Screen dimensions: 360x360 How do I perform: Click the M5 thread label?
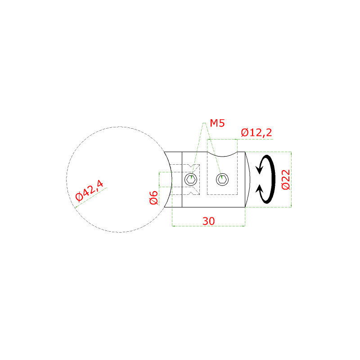[x=217, y=123]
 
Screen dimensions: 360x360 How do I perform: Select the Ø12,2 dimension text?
[x=256, y=132]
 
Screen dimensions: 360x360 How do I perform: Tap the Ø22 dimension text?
[x=286, y=180]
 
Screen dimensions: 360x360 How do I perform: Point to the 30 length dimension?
[x=208, y=221]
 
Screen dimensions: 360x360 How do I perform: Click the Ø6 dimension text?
[x=154, y=198]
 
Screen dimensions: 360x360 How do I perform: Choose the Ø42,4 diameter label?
[x=90, y=191]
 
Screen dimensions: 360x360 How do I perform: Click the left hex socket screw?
[x=191, y=179]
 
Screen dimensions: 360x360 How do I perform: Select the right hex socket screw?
[x=222, y=179]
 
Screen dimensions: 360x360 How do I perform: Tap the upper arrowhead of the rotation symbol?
[x=260, y=170]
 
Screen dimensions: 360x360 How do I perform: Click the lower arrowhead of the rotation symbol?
[x=260, y=189]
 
